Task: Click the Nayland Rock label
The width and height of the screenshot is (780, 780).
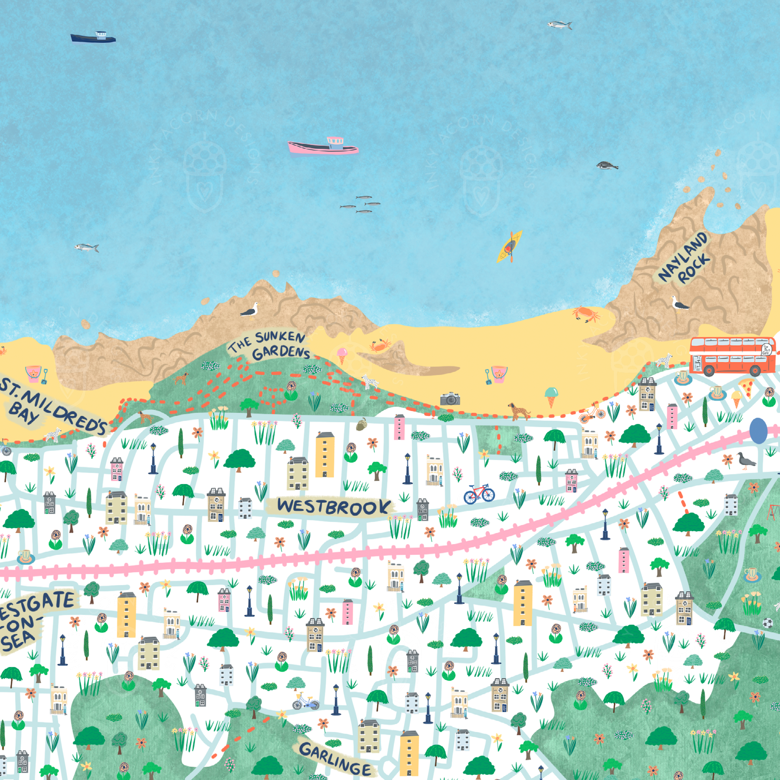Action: [683, 258]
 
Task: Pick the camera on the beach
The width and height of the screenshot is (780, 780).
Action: [450, 399]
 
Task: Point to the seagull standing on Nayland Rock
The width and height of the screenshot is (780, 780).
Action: [680, 304]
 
